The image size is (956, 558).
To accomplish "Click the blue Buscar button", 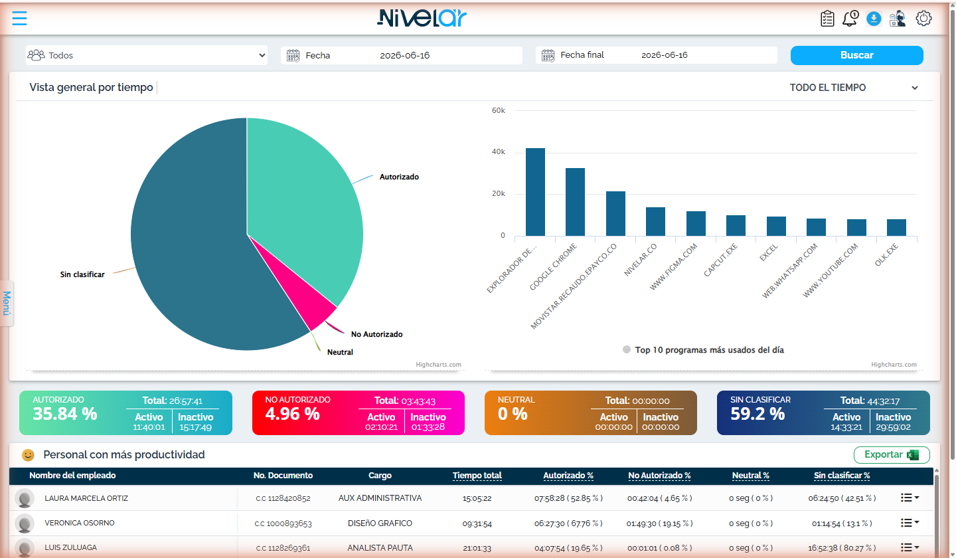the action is click(x=856, y=56).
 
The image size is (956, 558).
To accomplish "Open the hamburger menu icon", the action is click(x=20, y=19).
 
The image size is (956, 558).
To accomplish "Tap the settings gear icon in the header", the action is click(x=923, y=19).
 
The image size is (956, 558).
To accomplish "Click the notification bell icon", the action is click(x=850, y=19).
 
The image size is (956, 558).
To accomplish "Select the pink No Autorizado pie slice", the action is click(x=311, y=301).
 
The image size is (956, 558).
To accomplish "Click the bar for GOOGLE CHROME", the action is click(x=576, y=202).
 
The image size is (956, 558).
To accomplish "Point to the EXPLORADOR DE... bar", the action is click(x=535, y=192).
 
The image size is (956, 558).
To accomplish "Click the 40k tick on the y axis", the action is click(x=499, y=151).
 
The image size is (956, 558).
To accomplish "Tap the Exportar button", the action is click(x=892, y=454).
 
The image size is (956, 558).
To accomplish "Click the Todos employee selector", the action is click(x=146, y=56).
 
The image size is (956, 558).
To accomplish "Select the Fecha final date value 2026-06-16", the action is click(x=665, y=55).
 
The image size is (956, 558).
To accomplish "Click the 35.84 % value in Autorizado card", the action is click(x=65, y=414).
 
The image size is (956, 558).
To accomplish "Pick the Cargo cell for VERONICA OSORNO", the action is click(x=380, y=523).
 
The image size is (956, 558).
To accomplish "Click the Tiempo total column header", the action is click(x=477, y=476).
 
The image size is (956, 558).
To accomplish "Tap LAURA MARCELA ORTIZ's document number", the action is click(x=283, y=498).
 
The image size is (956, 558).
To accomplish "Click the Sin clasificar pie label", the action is click(x=82, y=274).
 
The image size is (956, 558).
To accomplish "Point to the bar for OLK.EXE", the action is click(x=896, y=228).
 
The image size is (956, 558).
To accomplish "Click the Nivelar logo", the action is click(x=422, y=19).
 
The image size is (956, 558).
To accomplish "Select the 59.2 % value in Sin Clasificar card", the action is click(x=757, y=414).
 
